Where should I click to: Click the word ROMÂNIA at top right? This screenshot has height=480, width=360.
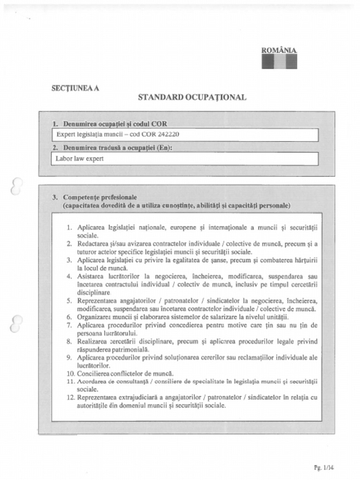(x=279, y=50)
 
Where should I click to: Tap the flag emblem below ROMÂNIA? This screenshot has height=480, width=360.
(x=279, y=61)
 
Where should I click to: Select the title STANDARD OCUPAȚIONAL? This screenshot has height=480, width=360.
(x=192, y=97)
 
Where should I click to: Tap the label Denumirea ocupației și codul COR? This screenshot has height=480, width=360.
(x=115, y=124)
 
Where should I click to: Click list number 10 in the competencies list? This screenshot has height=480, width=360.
(x=70, y=374)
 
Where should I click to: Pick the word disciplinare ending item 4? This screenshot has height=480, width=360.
(x=94, y=292)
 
